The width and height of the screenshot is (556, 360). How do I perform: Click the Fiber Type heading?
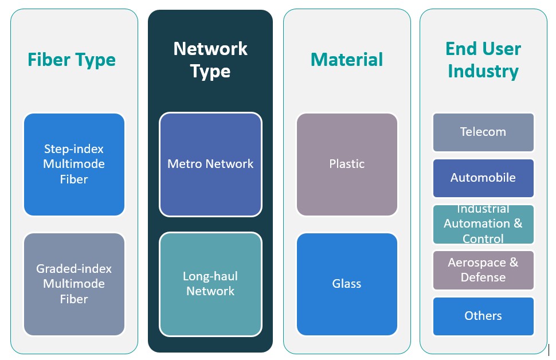(x=72, y=60)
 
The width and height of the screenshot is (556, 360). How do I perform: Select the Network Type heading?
(x=210, y=60)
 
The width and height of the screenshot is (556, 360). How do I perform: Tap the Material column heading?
(x=347, y=60)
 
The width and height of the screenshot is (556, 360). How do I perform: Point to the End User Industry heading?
(x=483, y=60)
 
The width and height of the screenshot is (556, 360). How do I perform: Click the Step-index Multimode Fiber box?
(x=75, y=165)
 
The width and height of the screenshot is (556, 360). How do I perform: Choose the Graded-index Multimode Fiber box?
(x=75, y=284)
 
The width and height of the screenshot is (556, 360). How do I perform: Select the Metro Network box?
(x=210, y=165)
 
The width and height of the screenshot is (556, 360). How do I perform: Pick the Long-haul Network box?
(x=210, y=284)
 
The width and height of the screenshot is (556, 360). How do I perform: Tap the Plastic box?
(x=347, y=165)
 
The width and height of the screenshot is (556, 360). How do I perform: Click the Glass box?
(x=347, y=284)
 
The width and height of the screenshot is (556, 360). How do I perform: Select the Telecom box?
(x=483, y=132)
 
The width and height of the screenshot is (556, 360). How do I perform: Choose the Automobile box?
(x=483, y=178)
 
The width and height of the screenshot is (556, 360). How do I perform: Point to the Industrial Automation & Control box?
(x=483, y=224)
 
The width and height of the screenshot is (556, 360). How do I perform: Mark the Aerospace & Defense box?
(x=483, y=270)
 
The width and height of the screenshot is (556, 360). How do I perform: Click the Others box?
(x=483, y=316)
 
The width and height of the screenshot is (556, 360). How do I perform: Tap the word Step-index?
(x=74, y=149)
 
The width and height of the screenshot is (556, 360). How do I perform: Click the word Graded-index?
(x=74, y=269)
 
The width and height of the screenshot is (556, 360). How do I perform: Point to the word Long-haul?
(x=210, y=276)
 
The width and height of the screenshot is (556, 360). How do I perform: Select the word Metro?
(x=183, y=164)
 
